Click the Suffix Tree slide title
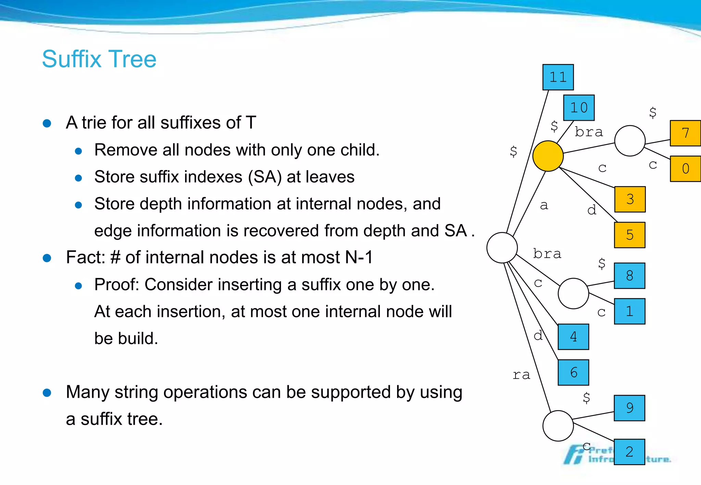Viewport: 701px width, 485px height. tap(99, 59)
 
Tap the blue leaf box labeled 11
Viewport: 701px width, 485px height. tap(558, 77)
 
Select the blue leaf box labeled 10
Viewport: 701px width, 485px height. tap(579, 108)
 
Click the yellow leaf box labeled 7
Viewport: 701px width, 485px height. tap(685, 133)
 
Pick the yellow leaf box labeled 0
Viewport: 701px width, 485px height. tap(685, 169)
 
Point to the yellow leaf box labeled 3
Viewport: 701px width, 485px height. tap(630, 199)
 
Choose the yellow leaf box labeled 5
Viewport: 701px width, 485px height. tap(630, 235)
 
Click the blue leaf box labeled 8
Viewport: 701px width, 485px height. tap(629, 276)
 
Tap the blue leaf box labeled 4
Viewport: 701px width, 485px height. tap(573, 337)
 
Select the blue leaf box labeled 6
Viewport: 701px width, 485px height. tap(573, 372)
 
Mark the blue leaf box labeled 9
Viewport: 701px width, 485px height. tap(629, 408)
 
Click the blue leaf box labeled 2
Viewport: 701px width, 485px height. tap(629, 452)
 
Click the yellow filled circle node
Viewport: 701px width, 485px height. tap(548, 156)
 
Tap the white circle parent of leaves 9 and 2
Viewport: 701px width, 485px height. tap(558, 426)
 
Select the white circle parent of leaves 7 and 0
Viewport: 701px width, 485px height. tap(630, 141)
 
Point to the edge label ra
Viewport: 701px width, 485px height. tap(521, 375)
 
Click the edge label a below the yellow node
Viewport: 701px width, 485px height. tap(544, 205)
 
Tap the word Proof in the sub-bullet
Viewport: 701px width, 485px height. tap(116, 285)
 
